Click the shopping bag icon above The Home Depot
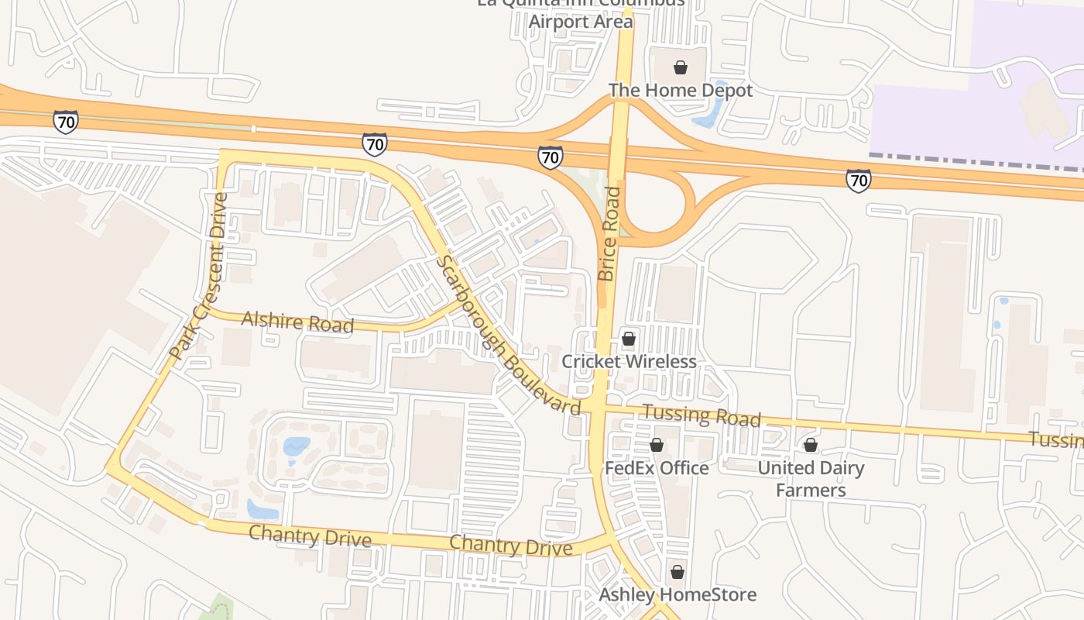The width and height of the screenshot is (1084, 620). click(x=681, y=67)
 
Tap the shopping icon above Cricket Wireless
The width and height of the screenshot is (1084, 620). click(x=629, y=339)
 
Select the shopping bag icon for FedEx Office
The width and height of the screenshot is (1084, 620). click(x=657, y=445)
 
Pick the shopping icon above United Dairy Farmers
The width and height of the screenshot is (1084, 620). click(x=811, y=445)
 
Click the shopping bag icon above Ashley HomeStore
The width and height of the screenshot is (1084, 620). click(x=677, y=572)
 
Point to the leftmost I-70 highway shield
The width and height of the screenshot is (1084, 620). click(x=66, y=121)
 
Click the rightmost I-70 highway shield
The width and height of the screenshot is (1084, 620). click(x=858, y=180)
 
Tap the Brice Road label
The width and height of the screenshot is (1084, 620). click(x=609, y=233)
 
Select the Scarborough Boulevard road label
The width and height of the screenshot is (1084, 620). click(x=507, y=336)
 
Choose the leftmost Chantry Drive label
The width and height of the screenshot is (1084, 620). click(x=310, y=535)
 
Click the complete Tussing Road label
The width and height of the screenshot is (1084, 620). click(x=702, y=415)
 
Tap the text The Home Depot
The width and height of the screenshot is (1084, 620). click(x=681, y=91)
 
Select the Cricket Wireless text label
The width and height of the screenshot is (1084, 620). click(x=629, y=362)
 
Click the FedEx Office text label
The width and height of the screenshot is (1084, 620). click(x=657, y=468)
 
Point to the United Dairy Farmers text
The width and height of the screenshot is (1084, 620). click(x=811, y=479)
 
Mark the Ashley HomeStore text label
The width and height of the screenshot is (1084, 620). click(x=677, y=595)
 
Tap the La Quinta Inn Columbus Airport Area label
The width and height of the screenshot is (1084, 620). click(x=581, y=13)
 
